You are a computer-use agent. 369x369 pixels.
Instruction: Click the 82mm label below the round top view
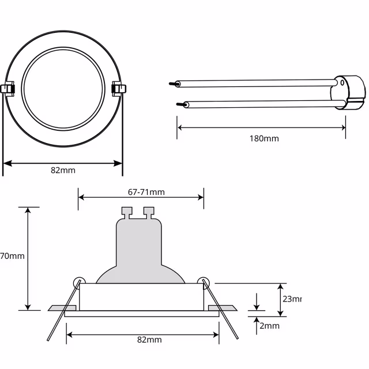coord(63,170)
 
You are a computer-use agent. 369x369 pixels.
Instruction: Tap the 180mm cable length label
coord(265,138)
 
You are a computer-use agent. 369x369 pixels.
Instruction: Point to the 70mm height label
coord(12,256)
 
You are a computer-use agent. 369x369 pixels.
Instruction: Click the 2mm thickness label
coord(269,326)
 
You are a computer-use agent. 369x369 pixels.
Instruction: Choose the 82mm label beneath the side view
coord(150,340)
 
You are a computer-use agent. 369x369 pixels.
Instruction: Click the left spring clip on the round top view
coord(9,89)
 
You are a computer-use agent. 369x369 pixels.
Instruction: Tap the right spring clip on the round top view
coord(118,89)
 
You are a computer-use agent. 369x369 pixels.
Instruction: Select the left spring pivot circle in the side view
coord(77,281)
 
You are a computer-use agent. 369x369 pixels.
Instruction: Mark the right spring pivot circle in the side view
coord(203,281)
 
